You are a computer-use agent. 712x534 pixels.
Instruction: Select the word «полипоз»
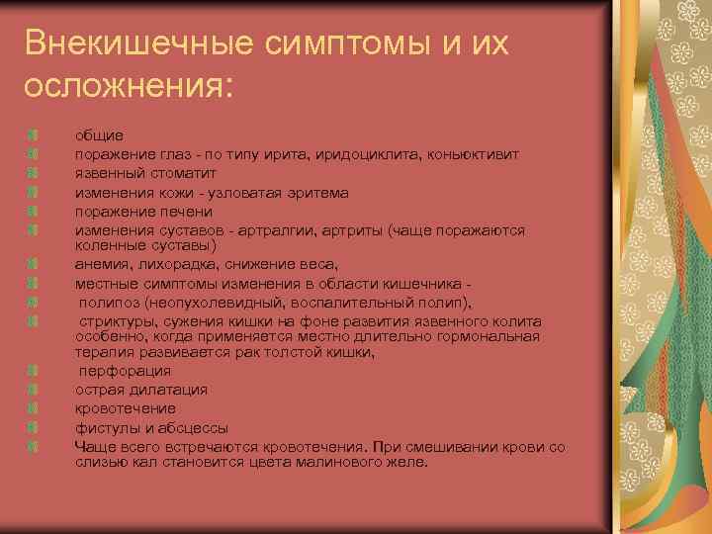coord(109,302)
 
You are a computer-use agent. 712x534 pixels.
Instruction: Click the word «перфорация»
coord(126,371)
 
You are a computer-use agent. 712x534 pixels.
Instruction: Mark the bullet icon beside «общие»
coord(34,134)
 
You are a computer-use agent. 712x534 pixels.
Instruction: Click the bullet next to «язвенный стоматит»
coord(34,173)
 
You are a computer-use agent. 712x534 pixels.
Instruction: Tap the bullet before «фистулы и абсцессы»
coord(34,427)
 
